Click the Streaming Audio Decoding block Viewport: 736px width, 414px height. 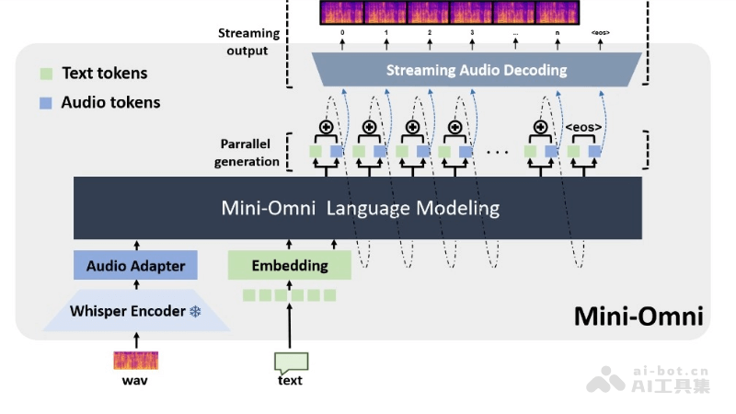point(476,70)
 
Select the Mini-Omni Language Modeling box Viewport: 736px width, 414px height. point(359,208)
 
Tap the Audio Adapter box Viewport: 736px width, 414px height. point(135,266)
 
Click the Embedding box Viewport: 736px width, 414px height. point(289,266)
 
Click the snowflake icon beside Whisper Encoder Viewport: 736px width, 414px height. point(195,312)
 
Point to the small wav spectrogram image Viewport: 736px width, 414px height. point(135,361)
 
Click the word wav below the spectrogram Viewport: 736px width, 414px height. point(135,380)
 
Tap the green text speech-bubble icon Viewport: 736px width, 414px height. point(291,362)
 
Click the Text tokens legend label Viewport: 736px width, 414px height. point(104,74)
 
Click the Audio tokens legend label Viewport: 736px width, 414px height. point(110,103)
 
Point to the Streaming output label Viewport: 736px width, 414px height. point(247,42)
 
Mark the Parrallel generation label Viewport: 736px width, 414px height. point(247,153)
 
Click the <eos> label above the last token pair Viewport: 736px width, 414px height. point(582,127)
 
